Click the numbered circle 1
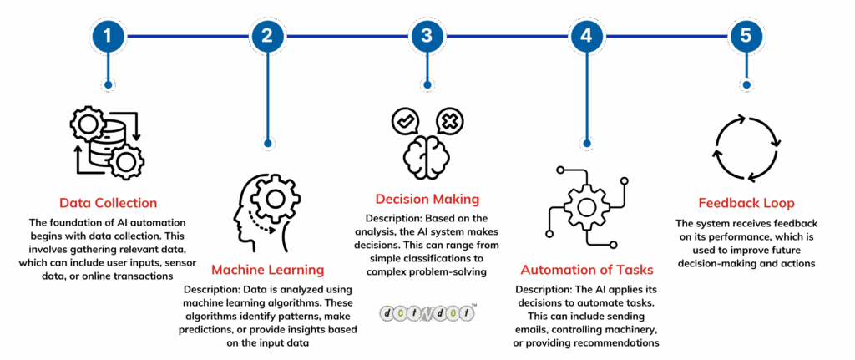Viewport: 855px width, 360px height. click(x=108, y=36)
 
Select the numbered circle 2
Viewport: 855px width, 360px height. click(x=267, y=36)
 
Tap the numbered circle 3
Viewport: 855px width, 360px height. click(x=427, y=36)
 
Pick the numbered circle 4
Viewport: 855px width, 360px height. click(x=586, y=36)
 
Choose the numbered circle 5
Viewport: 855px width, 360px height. click(x=746, y=36)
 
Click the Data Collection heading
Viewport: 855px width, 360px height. click(x=108, y=203)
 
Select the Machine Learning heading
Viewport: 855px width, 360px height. click(x=267, y=270)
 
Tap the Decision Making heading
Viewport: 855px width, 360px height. click(x=427, y=199)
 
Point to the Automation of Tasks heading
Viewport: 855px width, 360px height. click(x=586, y=270)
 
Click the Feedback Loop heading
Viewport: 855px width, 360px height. click(x=746, y=203)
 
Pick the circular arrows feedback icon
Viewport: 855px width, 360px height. click(x=746, y=149)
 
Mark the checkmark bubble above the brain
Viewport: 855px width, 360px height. click(x=405, y=122)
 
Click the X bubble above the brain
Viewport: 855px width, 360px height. click(x=449, y=122)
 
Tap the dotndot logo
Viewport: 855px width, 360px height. click(x=427, y=312)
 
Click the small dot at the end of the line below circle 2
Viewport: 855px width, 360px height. click(x=267, y=143)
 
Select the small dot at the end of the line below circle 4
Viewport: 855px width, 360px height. click(x=586, y=143)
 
